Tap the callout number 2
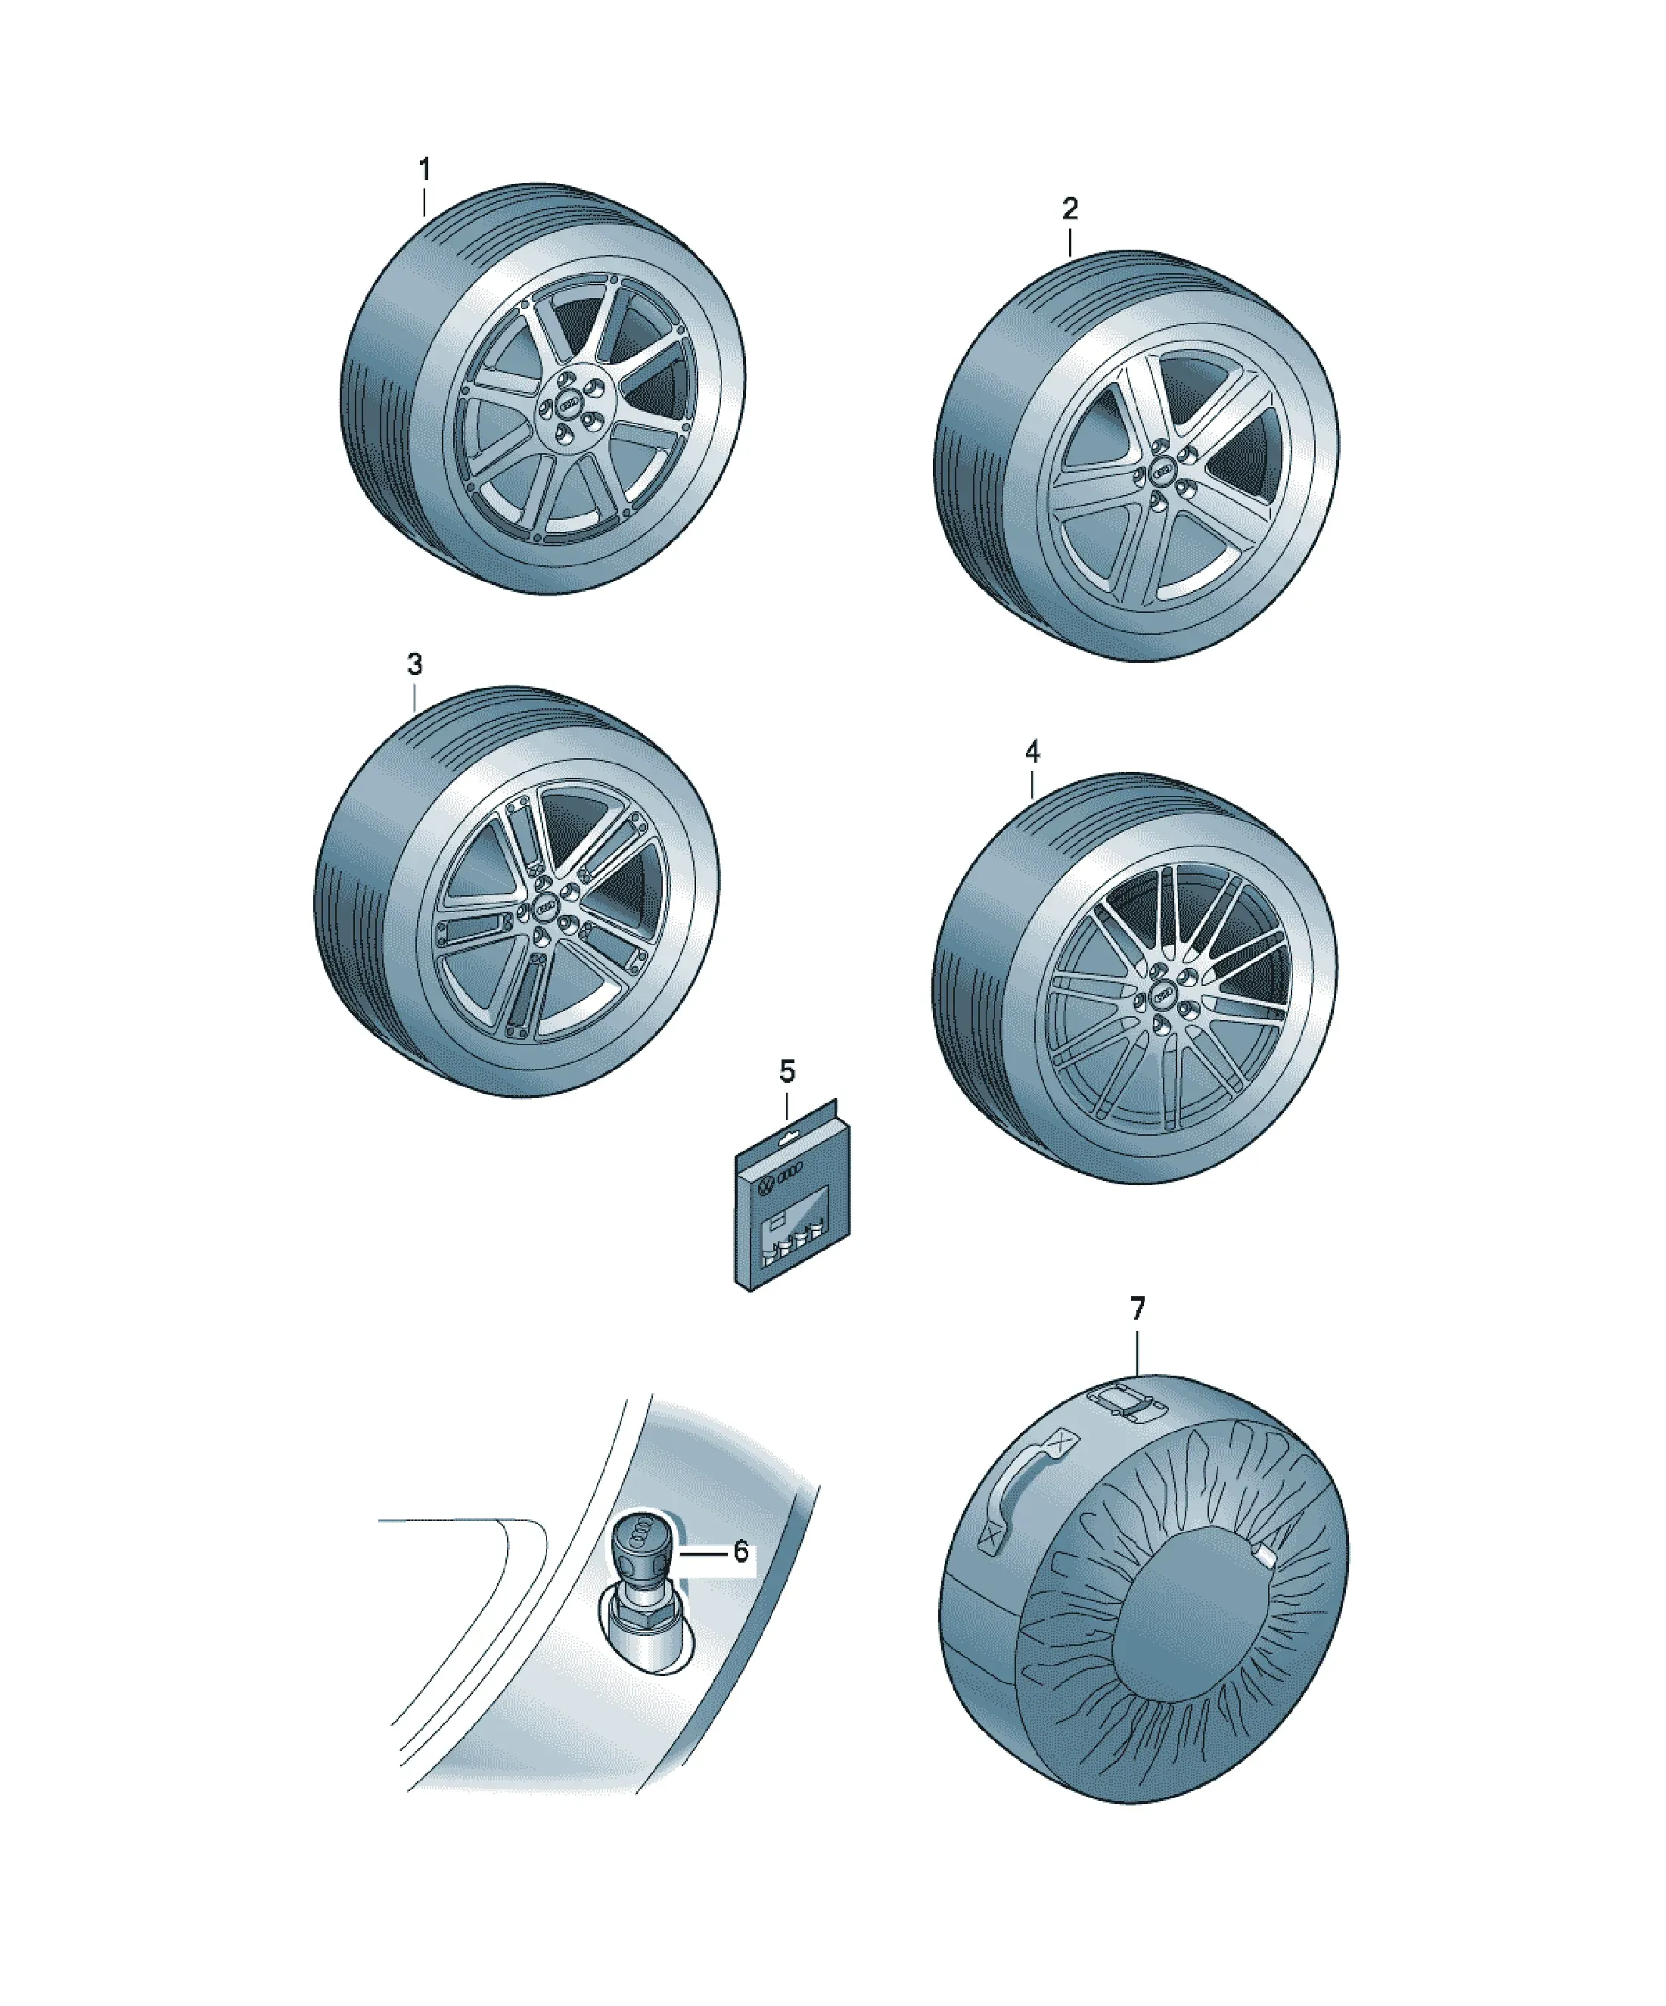(1070, 208)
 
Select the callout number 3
(415, 665)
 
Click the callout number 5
(786, 1071)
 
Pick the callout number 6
(741, 1552)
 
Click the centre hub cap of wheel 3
(545, 910)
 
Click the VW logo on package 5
(764, 1186)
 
